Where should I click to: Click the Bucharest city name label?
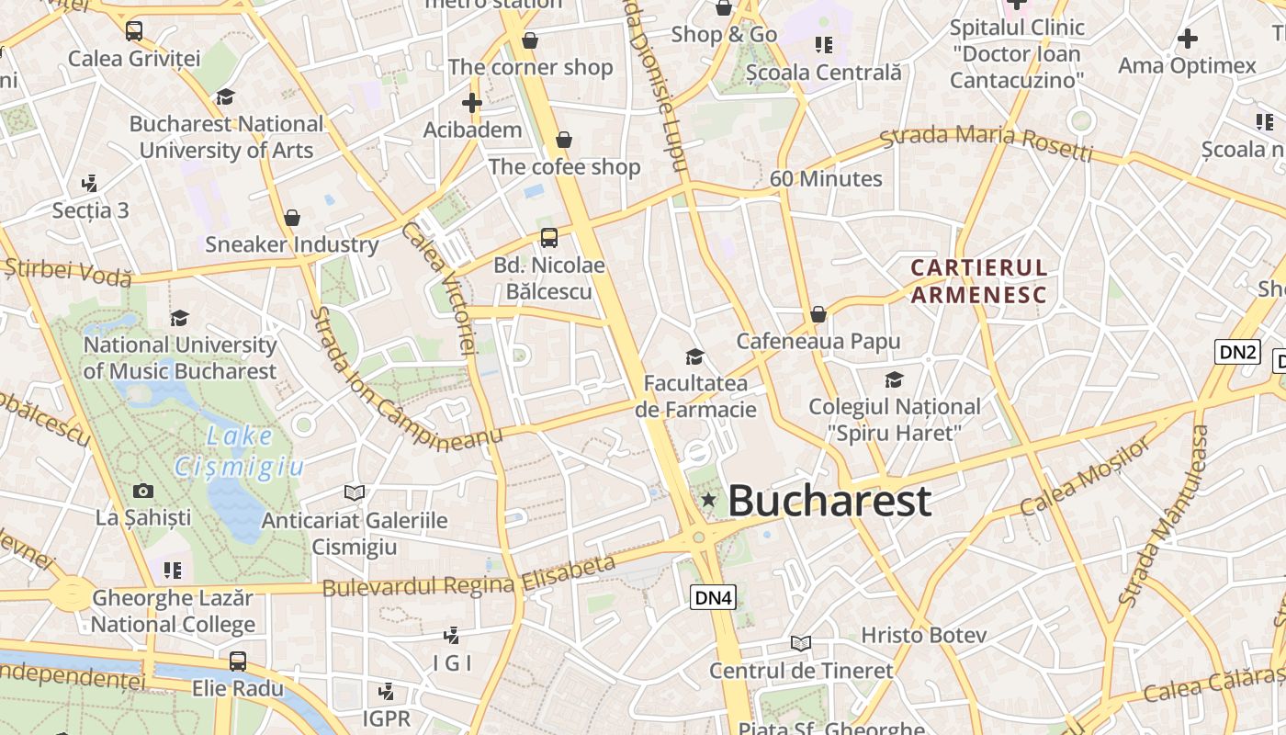(x=829, y=502)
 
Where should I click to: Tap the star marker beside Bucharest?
(x=708, y=499)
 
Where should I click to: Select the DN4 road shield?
(x=714, y=597)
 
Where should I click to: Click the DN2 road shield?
(x=1237, y=351)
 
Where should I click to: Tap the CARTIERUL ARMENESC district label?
(x=978, y=281)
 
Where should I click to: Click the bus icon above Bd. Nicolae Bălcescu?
(x=549, y=238)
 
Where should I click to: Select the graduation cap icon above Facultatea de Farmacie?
(x=695, y=356)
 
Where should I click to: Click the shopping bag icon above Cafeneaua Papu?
(x=818, y=314)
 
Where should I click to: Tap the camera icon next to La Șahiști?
(x=143, y=491)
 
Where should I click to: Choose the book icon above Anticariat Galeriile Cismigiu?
(x=354, y=493)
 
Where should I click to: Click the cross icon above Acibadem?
(x=472, y=103)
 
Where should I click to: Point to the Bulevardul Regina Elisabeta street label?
(x=468, y=576)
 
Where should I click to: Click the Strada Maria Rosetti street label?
(x=986, y=142)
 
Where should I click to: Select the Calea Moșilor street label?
(x=1085, y=477)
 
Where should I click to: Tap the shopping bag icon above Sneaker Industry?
(x=292, y=218)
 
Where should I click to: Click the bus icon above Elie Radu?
(x=238, y=661)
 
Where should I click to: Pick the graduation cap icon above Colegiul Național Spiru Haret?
(x=894, y=379)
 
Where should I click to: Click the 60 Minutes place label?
(x=826, y=179)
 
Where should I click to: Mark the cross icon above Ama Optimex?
(x=1188, y=39)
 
